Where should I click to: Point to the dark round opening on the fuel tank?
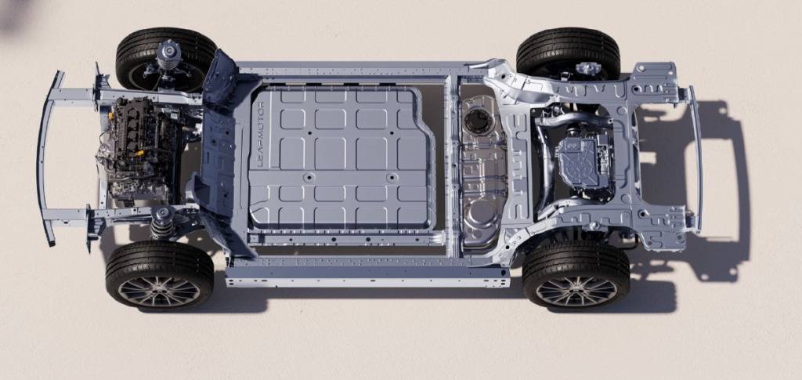479,121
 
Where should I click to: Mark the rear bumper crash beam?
695,158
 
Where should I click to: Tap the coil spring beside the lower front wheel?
161,223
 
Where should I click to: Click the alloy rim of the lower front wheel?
159,292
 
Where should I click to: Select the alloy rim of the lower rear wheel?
576,292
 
